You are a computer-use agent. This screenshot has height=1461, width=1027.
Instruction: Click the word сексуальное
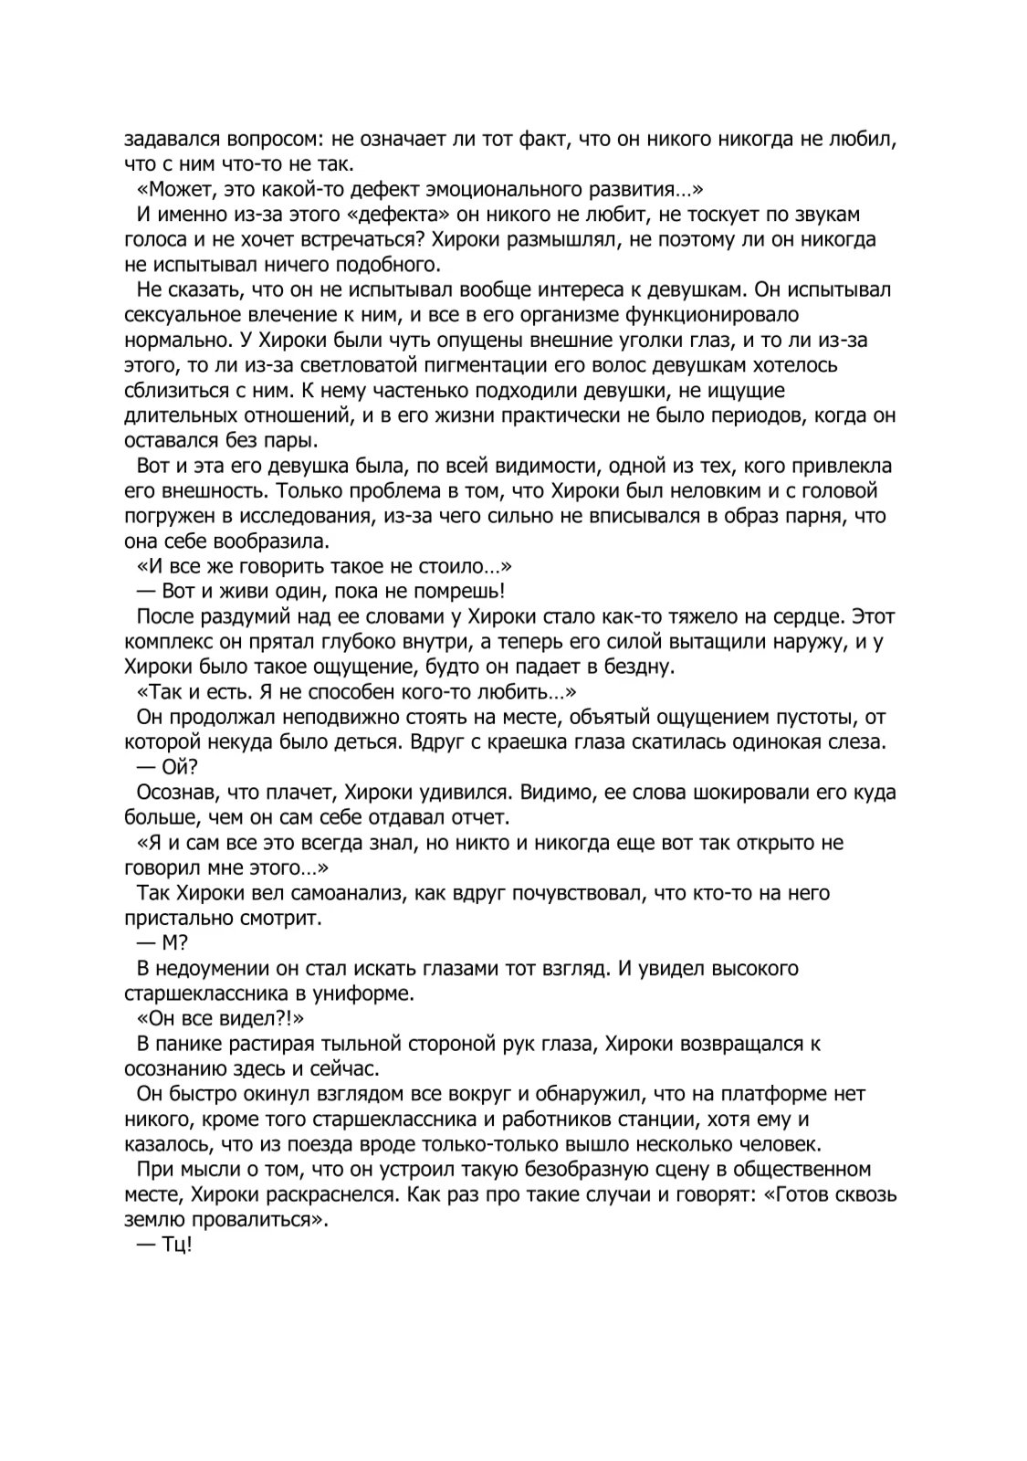pos(178,316)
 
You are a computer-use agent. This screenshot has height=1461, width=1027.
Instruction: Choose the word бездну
pos(640,667)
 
